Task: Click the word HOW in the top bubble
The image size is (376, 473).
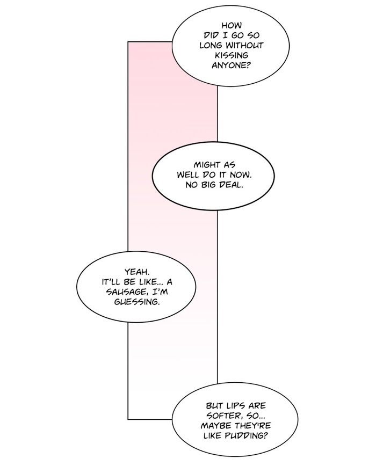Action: (232, 25)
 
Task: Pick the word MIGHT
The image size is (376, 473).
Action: (207, 165)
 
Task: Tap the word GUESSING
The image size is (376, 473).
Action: (136, 302)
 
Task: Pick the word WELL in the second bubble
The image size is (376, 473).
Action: (189, 176)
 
